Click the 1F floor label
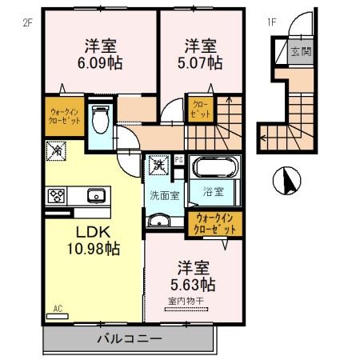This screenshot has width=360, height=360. (x=271, y=22)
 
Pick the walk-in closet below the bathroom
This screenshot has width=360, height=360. (x=213, y=223)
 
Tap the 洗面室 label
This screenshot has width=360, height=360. (x=163, y=194)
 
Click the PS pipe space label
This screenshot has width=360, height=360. (x=178, y=160)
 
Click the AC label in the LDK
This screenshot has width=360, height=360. (x=58, y=307)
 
